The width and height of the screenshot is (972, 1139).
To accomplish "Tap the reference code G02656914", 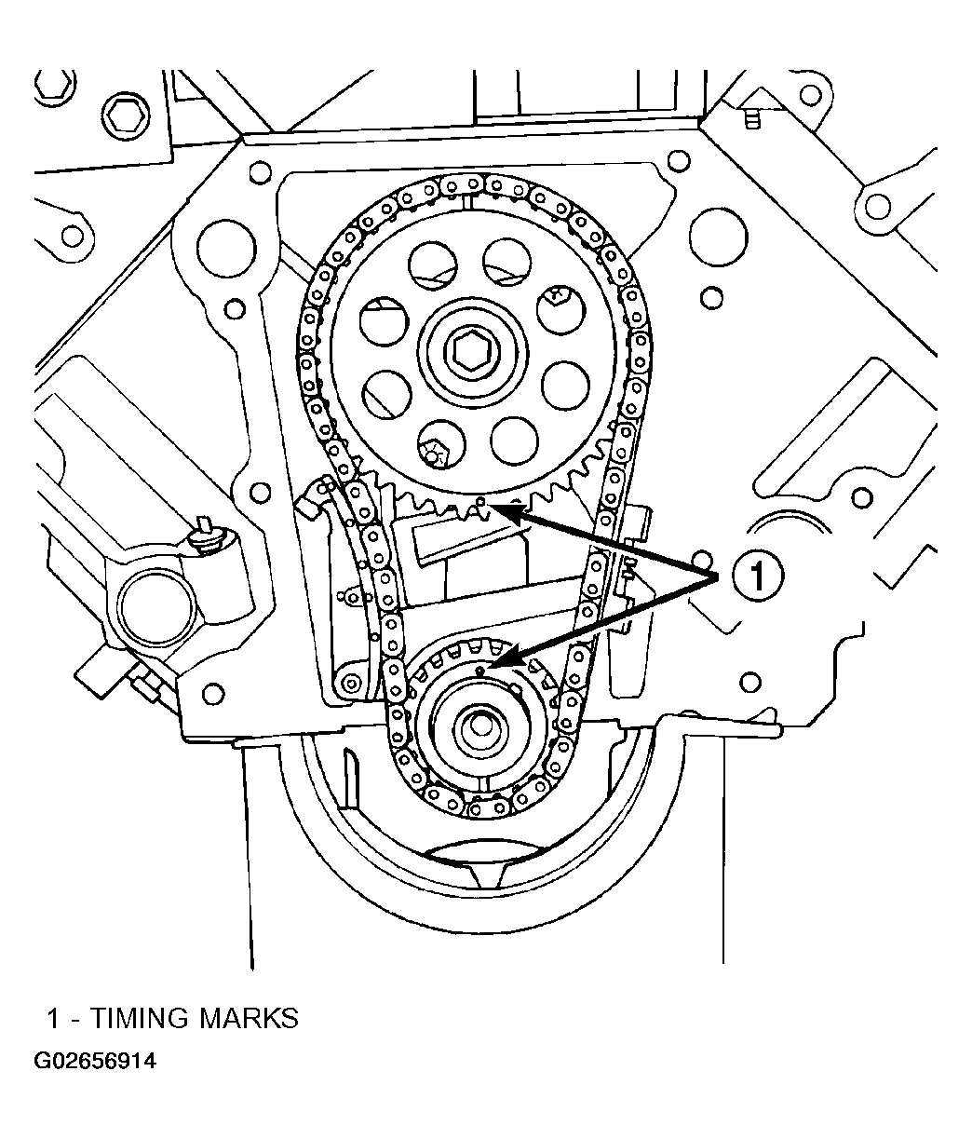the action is point(95,1061).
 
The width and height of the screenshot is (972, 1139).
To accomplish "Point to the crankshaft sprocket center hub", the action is point(481,726).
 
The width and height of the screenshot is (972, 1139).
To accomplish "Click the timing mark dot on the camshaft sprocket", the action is point(480,501).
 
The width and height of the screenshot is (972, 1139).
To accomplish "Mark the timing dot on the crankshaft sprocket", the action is point(479,670).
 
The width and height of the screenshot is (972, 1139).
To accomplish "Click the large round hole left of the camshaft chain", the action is point(226,249).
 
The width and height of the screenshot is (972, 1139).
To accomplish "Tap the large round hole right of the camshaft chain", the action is point(719,237).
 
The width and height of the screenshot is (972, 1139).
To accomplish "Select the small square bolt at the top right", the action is point(752,119).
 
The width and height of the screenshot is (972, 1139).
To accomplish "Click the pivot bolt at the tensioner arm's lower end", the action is point(350,684).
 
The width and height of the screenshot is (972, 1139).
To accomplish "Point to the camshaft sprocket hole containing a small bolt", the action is point(441,444).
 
